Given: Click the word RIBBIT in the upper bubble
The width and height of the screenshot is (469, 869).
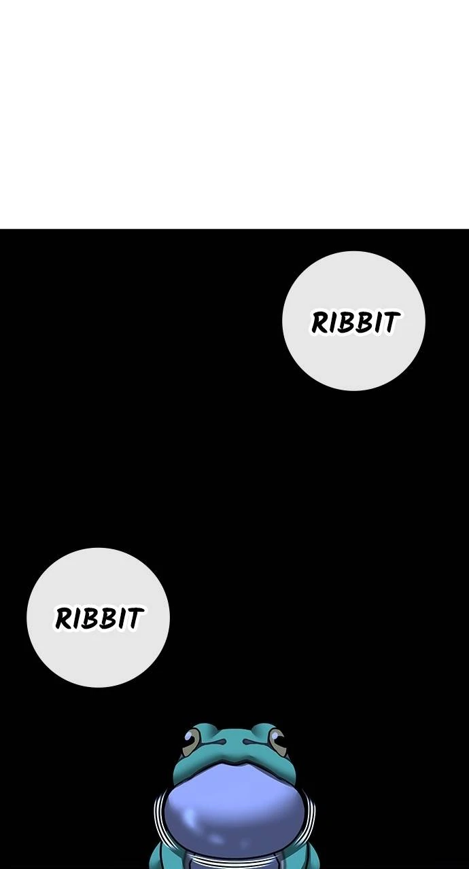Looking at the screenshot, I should [354, 322].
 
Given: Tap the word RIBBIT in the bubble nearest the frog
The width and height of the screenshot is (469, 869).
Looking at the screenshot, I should [99, 618].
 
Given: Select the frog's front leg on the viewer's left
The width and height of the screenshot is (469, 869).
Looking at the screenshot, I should [160, 855].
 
